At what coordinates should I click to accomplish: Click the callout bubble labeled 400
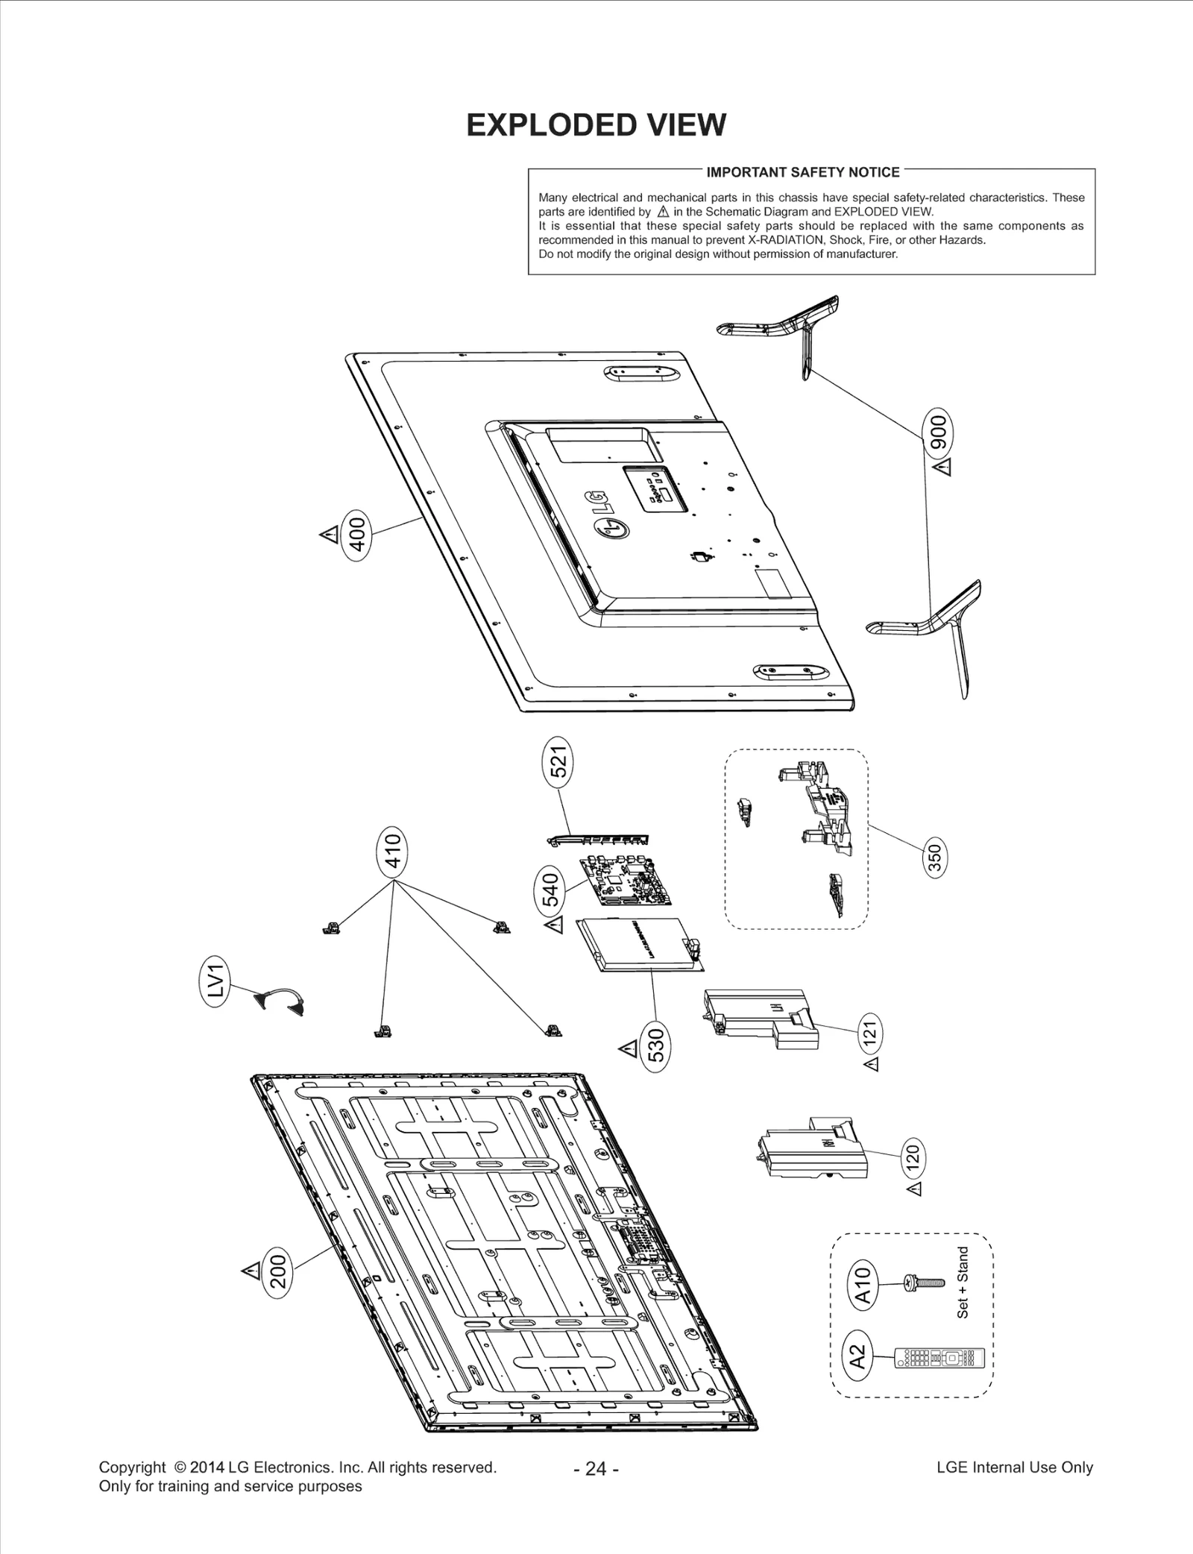pos(357,534)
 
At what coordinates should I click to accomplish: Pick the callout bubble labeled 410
pos(393,852)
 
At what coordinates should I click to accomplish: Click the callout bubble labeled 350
pos(934,858)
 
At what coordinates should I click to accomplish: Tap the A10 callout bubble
pos(863,1284)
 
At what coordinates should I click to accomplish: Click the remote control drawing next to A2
pos(939,1358)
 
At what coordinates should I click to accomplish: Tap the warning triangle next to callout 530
pos(628,1049)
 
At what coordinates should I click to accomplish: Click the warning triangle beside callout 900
pos(943,468)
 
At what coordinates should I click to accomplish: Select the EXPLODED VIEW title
pos(596,125)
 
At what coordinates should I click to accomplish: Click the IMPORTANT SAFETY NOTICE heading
pos(802,172)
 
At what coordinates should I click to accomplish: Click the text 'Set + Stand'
pos(963,1282)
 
